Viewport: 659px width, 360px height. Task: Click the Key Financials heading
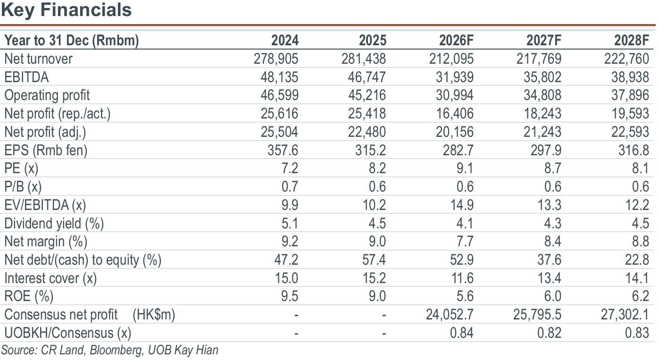(66, 10)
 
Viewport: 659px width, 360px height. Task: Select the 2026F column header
(456, 40)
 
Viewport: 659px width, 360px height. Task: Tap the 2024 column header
(285, 40)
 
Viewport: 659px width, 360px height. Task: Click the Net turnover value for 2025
(364, 59)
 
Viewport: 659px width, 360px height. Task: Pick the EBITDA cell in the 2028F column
(630, 77)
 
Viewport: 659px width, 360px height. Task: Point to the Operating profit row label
(47, 95)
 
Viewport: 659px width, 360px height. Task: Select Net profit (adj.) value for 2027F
(542, 132)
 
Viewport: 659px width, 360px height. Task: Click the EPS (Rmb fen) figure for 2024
(283, 150)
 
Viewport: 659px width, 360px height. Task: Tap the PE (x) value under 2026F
(465, 168)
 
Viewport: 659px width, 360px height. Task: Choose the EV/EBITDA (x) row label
(45, 205)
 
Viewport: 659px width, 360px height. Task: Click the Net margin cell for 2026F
(465, 242)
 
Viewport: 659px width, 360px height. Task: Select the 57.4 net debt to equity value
(374, 260)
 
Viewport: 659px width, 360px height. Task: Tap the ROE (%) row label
(29, 296)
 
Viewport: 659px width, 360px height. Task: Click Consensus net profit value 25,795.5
(537, 315)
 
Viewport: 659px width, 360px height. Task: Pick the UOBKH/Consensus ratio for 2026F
(462, 333)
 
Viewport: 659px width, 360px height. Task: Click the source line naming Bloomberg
(110, 350)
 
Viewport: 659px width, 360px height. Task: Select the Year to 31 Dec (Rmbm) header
(72, 40)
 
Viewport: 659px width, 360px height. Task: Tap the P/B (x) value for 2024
(290, 187)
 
